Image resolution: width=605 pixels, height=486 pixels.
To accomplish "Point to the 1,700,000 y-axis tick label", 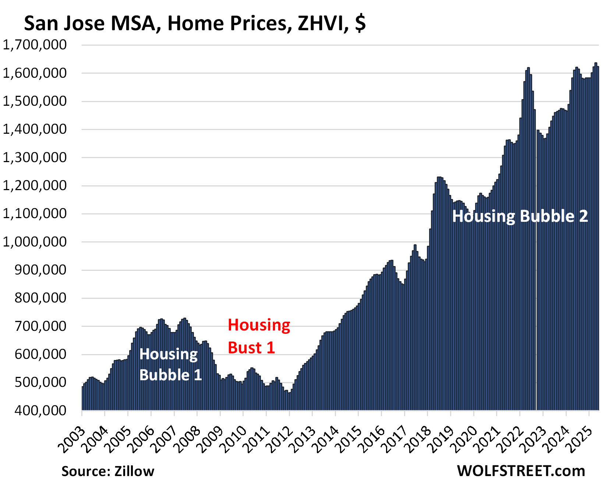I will tap(35, 45).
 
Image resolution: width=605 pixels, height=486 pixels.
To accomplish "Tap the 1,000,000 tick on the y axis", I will tap(35, 242).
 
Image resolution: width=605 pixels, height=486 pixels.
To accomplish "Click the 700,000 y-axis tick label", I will tap(41, 326).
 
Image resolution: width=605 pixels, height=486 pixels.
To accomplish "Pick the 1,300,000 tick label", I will tap(35, 158).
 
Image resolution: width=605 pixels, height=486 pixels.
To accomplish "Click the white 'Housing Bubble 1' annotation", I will tap(170, 364).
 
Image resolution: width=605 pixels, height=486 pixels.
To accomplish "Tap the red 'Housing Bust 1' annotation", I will tap(259, 336).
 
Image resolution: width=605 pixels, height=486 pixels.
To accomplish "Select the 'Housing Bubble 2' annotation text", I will tap(520, 216).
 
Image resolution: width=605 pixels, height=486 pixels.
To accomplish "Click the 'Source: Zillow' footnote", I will tap(108, 471).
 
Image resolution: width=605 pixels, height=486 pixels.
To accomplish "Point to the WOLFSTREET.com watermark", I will tap(521, 471).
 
